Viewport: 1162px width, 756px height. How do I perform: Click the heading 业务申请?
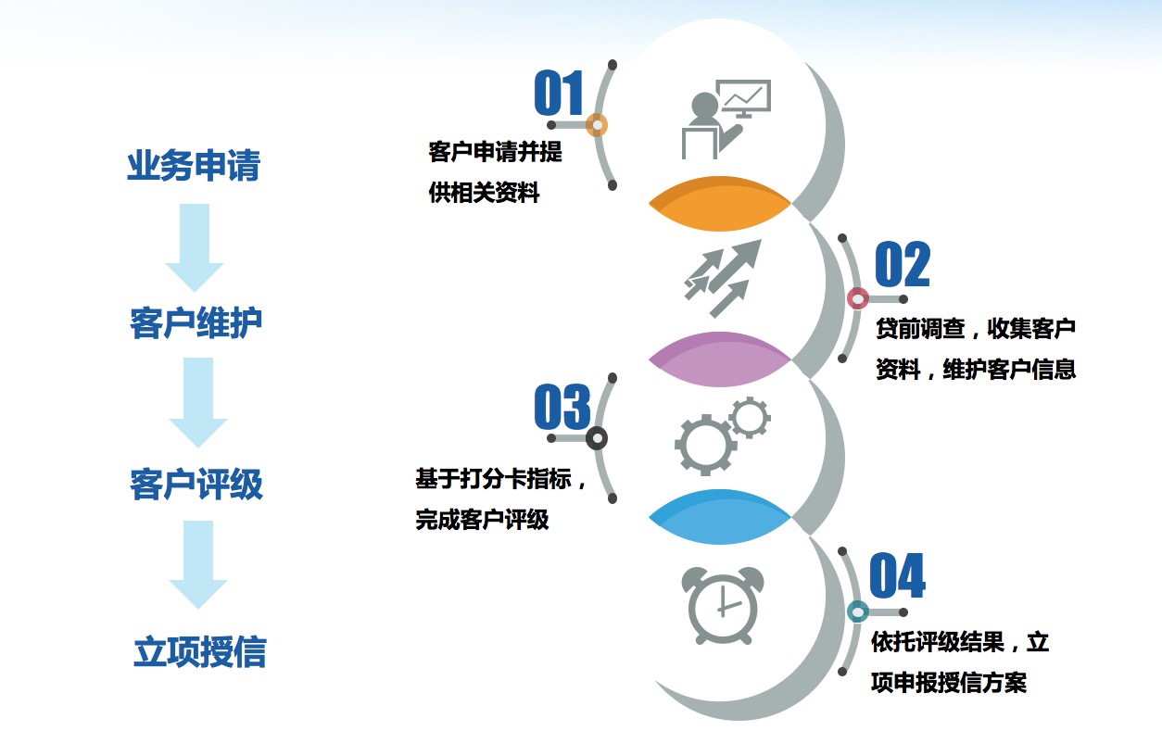[194, 166]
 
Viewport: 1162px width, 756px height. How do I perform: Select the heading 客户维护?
[196, 323]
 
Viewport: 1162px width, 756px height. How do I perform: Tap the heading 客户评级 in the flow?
[196, 484]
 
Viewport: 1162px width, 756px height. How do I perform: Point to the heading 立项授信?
[200, 651]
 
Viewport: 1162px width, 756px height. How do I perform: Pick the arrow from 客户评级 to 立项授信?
[198, 564]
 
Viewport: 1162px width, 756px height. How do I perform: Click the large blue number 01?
[559, 93]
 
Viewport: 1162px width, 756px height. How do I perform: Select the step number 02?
[903, 264]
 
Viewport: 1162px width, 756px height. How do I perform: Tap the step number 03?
[562, 407]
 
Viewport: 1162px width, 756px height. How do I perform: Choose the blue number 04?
[897, 575]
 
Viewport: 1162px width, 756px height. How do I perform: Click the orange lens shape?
[719, 204]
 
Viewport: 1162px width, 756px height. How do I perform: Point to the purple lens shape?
[719, 359]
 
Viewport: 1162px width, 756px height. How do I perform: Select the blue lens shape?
[719, 517]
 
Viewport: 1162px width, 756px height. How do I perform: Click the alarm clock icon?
[723, 606]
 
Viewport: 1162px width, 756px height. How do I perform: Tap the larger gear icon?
[705, 445]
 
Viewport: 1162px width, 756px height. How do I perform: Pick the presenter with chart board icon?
[726, 120]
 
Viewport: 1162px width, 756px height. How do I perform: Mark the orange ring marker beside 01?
[597, 125]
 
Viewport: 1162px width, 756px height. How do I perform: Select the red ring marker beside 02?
[858, 298]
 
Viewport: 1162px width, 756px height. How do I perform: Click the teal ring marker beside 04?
[858, 611]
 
